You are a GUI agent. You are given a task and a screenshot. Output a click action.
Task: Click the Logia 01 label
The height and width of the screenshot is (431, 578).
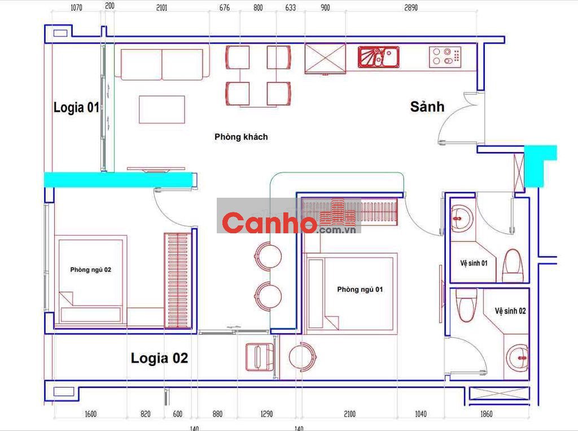76,107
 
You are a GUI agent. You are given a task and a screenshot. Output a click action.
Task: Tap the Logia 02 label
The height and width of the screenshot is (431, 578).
159,358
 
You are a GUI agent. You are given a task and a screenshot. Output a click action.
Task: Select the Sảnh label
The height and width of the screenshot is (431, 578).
427,107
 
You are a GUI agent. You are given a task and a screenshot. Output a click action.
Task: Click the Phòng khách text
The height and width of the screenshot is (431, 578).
241,137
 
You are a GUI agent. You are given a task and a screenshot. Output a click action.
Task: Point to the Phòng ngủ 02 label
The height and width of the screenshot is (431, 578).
91,270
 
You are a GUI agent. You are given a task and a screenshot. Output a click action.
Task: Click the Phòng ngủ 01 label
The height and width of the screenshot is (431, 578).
360,289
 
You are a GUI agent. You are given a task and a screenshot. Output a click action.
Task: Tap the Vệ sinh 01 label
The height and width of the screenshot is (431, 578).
474,263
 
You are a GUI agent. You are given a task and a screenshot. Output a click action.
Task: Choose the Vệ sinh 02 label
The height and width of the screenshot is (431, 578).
510,311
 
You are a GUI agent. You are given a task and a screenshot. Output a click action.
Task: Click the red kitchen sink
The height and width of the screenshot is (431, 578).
378,57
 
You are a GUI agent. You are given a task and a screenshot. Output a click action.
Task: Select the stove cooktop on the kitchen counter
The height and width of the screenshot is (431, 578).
445,57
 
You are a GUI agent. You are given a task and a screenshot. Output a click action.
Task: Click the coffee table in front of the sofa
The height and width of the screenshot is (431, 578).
162,110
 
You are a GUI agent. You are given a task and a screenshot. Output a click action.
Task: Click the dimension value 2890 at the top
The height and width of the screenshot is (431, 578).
411,7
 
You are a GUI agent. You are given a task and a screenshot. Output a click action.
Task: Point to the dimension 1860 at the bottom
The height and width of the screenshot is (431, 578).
486,414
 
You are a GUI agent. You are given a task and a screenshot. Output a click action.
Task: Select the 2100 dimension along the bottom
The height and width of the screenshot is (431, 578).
349,414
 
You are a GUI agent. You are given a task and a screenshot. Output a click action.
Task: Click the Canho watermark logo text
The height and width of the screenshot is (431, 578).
269,223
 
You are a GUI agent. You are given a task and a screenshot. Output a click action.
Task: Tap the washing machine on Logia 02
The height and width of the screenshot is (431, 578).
260,357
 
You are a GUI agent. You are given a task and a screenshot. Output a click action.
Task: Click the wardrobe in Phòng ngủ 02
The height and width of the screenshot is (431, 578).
178,280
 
